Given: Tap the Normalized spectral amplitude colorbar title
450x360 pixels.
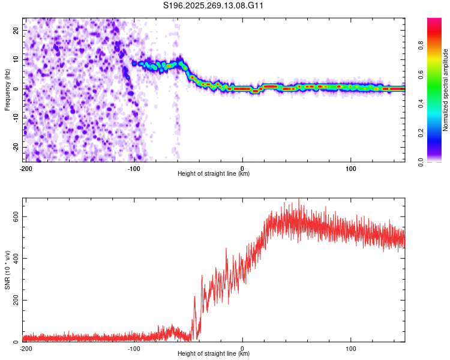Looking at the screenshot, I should (446, 90).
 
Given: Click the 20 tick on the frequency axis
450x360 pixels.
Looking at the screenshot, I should (16, 30).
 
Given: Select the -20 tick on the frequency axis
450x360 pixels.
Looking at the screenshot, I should (15, 147).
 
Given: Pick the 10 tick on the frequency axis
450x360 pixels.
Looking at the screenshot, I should (16, 59).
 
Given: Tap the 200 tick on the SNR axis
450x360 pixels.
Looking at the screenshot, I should (14, 301).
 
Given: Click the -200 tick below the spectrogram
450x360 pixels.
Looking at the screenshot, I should (26, 168).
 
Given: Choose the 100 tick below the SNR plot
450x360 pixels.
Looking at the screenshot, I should (351, 348).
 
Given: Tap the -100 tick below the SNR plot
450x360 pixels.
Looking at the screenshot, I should (134, 348).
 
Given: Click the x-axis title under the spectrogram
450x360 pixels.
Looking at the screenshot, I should (214, 174).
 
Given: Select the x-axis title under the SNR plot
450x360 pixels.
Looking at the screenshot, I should (214, 354).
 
